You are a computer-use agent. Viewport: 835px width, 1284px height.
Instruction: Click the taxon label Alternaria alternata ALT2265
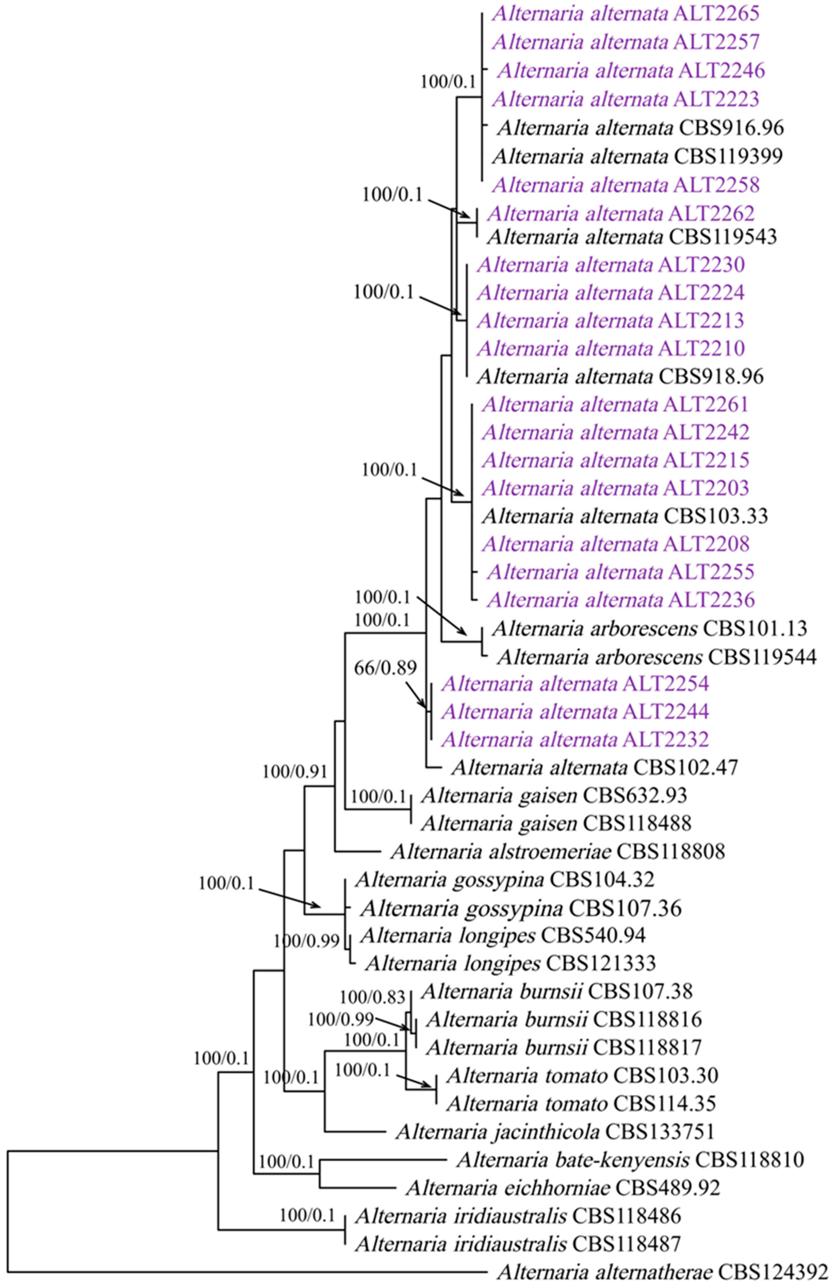point(626,14)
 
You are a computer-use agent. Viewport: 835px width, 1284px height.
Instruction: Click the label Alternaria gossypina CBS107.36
point(520,908)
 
